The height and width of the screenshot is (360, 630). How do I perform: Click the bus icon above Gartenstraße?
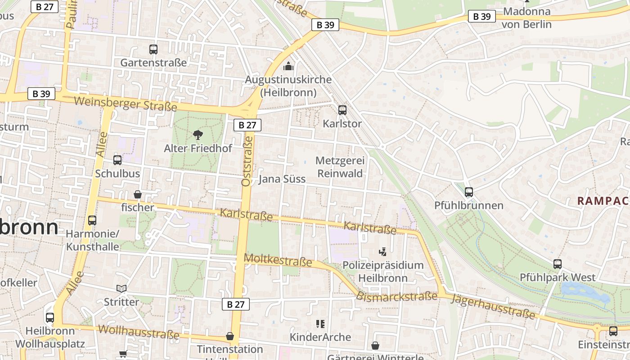tap(153, 49)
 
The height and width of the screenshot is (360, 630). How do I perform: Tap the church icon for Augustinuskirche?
tap(288, 67)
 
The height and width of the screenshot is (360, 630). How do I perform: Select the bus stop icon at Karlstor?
tap(342, 110)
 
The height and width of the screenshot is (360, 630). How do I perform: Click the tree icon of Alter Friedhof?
tap(198, 135)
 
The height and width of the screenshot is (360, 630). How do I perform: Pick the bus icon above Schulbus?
tap(117, 160)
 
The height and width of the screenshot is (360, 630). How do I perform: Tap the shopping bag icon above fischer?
tap(138, 194)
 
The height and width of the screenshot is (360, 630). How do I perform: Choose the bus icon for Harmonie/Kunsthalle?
tap(92, 220)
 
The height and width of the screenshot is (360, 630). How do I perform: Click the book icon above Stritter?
tap(121, 288)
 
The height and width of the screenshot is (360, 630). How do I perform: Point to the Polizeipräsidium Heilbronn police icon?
tap(383, 252)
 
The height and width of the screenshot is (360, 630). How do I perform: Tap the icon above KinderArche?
tap(320, 324)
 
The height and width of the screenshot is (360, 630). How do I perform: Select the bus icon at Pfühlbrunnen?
tap(469, 192)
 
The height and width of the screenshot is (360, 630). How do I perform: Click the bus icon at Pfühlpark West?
tap(558, 264)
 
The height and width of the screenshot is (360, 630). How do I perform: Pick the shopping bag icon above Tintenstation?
tap(230, 336)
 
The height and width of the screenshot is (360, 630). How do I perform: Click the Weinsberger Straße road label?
tap(126, 104)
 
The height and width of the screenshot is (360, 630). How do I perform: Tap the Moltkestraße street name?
tap(278, 260)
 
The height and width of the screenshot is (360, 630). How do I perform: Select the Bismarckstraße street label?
tap(397, 297)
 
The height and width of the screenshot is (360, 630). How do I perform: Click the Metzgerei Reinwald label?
tap(340, 167)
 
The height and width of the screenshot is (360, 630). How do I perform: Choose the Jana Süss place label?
tap(282, 179)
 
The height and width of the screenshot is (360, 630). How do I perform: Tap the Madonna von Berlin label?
tap(526, 18)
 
